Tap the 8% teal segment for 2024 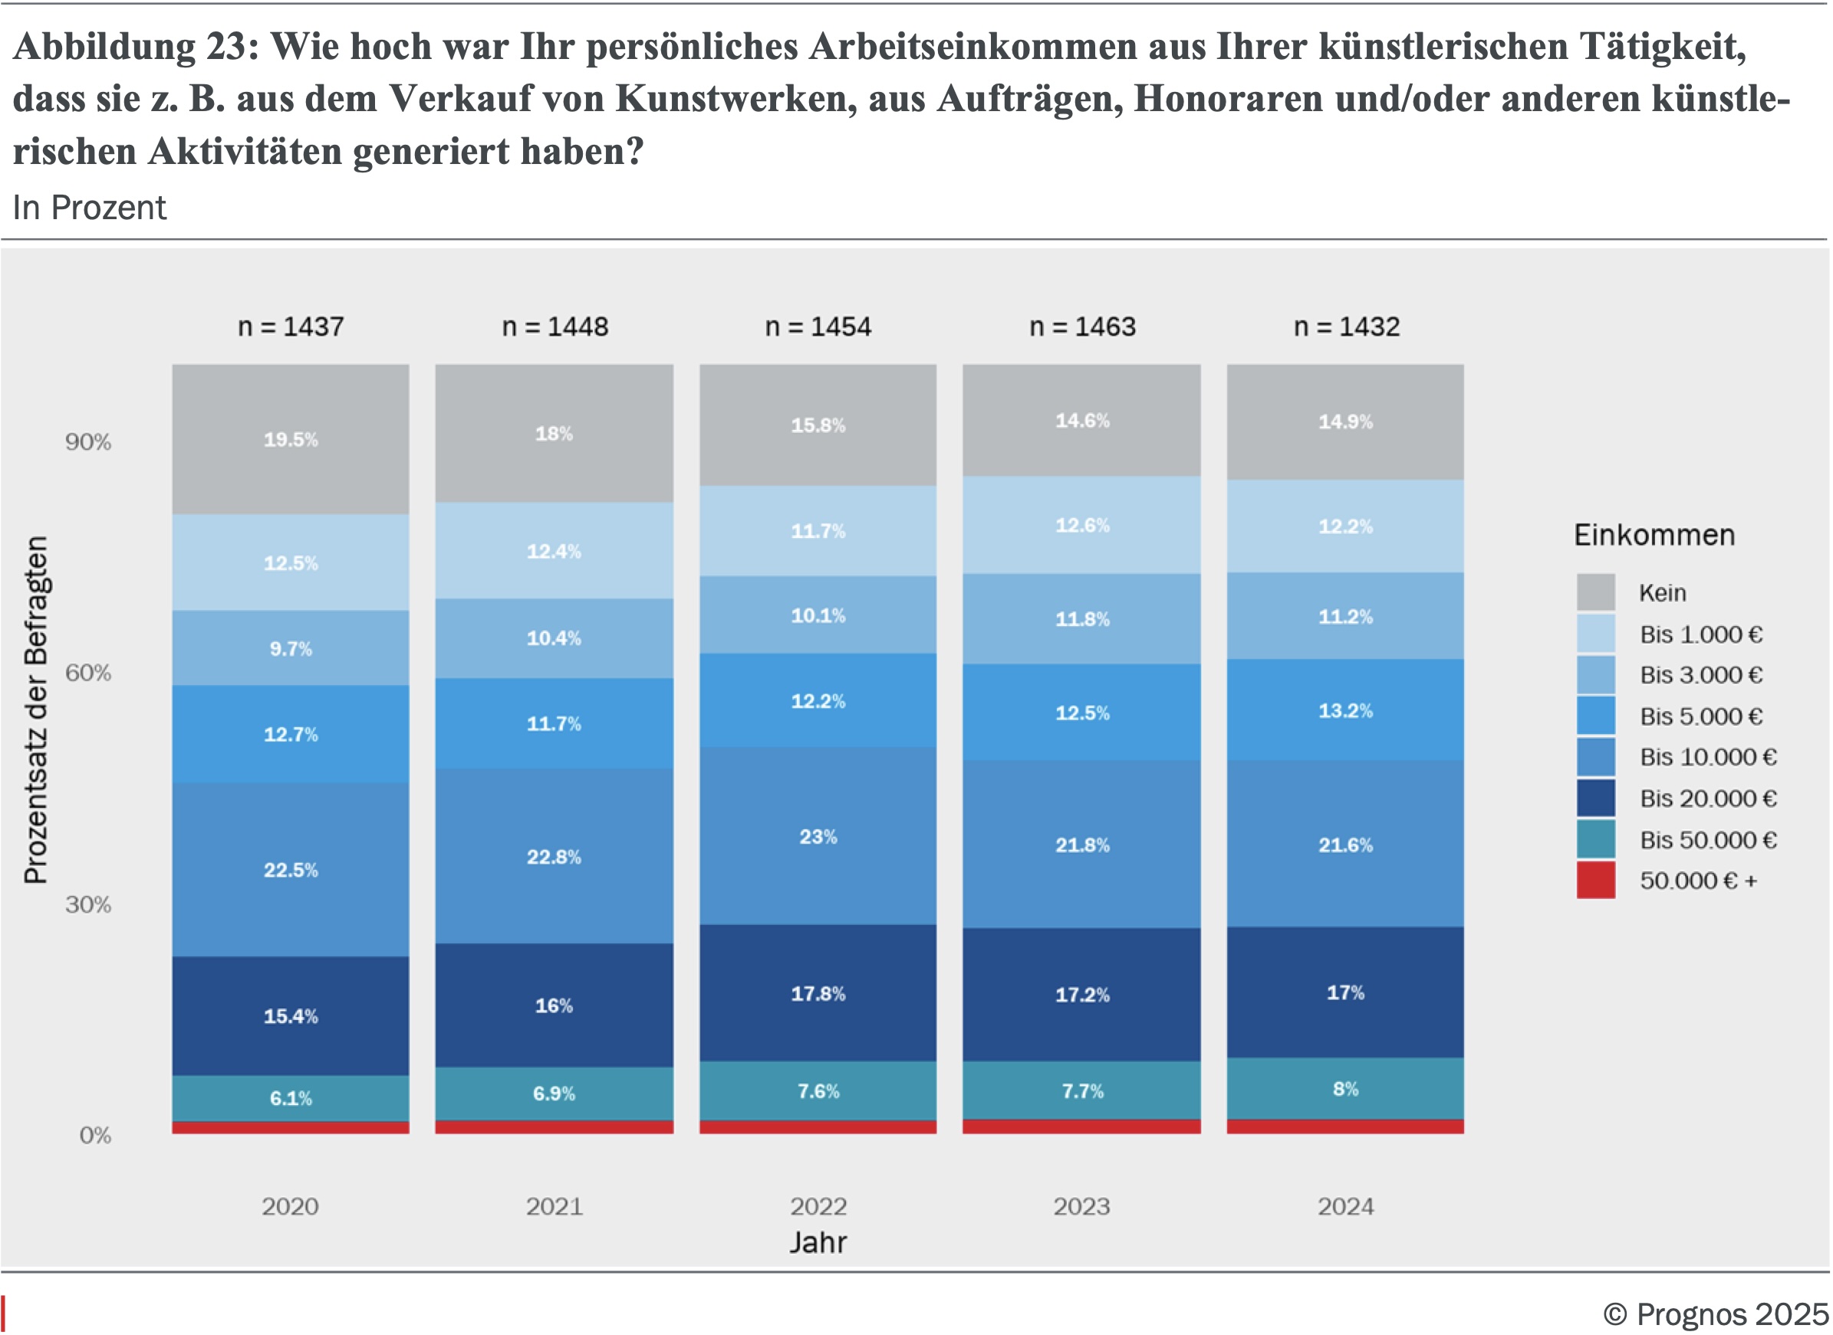tap(1344, 1088)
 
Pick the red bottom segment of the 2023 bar tap(1081, 1127)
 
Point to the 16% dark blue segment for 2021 tap(554, 1005)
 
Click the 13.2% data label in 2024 tap(1344, 710)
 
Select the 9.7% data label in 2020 tap(290, 648)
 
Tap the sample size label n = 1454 tap(818, 326)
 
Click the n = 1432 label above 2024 tap(1345, 326)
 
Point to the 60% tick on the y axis tap(88, 672)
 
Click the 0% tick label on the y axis tap(94, 1136)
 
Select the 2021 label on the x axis tap(554, 1206)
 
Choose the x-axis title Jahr tap(818, 1242)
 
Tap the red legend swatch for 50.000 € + tap(1595, 880)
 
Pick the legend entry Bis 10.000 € tap(1707, 757)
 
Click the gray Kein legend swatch tap(1595, 592)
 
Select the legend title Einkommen tap(1654, 535)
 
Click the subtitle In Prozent tap(89, 208)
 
